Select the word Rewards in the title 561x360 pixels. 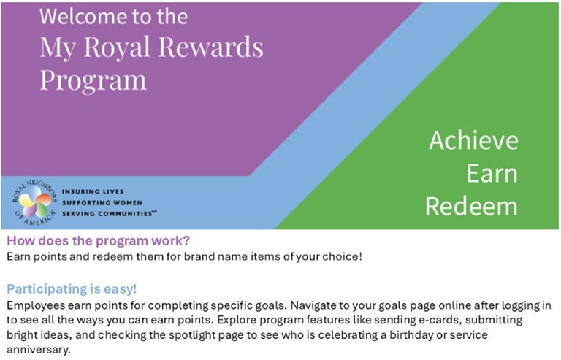[x=211, y=47]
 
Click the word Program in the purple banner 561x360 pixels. [x=93, y=80]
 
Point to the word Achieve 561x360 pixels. [x=473, y=140]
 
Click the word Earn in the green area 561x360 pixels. [x=492, y=173]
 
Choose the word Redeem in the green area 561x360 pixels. [x=471, y=206]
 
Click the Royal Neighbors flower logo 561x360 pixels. [x=35, y=202]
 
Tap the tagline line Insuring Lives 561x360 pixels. [x=93, y=191]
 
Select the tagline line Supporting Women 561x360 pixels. [x=102, y=203]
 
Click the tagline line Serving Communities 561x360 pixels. [x=109, y=214]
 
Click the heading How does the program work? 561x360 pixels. [x=98, y=240]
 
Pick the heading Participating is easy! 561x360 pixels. [x=72, y=289]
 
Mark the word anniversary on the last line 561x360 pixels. [x=38, y=350]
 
